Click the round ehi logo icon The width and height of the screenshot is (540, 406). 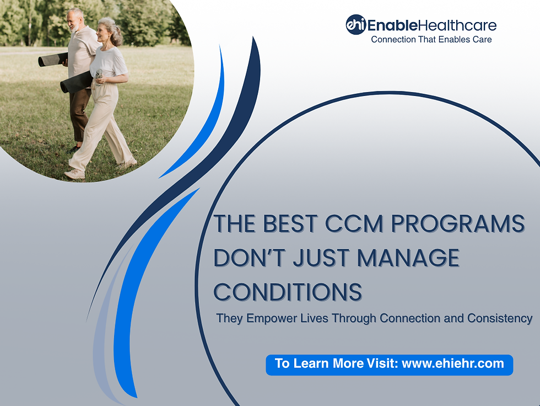(x=355, y=24)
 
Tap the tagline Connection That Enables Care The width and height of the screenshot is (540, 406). (x=431, y=39)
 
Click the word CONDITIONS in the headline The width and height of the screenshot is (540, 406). (x=288, y=291)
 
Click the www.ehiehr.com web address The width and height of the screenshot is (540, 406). (x=453, y=364)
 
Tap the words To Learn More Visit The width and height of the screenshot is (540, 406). (x=336, y=364)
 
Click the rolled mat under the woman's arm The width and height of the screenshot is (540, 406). (x=76, y=82)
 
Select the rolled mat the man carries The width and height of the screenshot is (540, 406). (x=52, y=59)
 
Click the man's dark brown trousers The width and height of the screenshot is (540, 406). (x=80, y=113)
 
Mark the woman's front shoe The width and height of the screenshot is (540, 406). (x=74, y=174)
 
